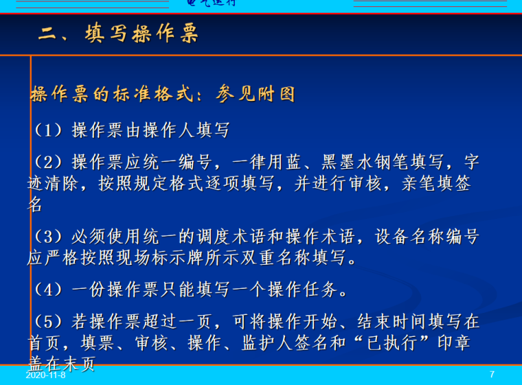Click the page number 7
(492, 375)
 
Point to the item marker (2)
(48, 163)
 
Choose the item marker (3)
(48, 237)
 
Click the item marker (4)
(48, 290)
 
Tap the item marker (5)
(48, 321)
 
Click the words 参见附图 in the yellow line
(256, 94)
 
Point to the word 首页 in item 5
(45, 342)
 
